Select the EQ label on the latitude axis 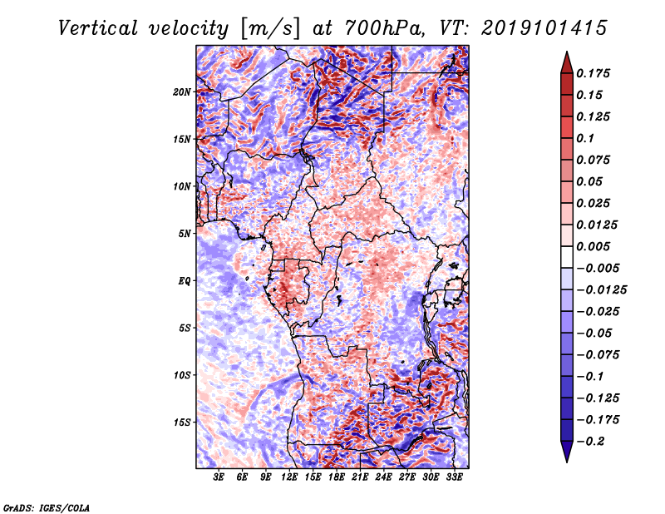185,281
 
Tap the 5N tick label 185,234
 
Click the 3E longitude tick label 219,478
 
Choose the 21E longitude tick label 360,478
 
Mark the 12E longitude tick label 289,478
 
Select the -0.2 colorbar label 595,441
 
